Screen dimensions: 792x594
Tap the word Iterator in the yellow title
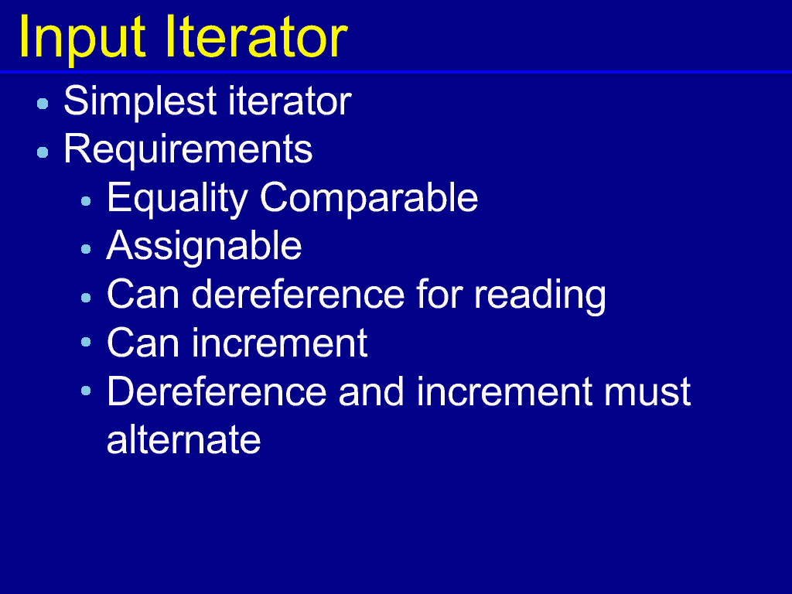coord(257,37)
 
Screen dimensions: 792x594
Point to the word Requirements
coord(188,150)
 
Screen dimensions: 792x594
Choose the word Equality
coord(177,199)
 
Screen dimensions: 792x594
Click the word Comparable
coord(369,199)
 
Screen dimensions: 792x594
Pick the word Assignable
coord(204,247)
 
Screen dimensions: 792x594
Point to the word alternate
coord(184,440)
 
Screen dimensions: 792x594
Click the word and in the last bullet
coord(371,391)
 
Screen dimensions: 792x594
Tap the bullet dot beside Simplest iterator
coord(43,104)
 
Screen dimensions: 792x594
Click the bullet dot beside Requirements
coord(43,152)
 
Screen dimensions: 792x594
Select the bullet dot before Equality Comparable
coord(86,201)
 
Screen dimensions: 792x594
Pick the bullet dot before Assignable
coord(86,249)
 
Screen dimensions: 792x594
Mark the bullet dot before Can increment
coord(86,342)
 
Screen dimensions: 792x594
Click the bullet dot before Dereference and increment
coord(86,391)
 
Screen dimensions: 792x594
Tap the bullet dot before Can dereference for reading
coord(86,298)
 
